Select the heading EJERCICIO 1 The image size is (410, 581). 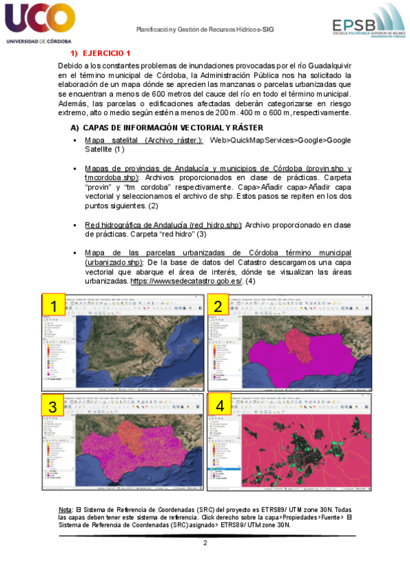tap(106, 53)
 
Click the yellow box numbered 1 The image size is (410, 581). tap(53, 306)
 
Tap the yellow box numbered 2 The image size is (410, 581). tap(218, 306)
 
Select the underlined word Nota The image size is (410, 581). tap(66, 510)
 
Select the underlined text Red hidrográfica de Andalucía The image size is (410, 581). tap(163, 225)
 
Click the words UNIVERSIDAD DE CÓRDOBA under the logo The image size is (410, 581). tap(34, 41)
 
